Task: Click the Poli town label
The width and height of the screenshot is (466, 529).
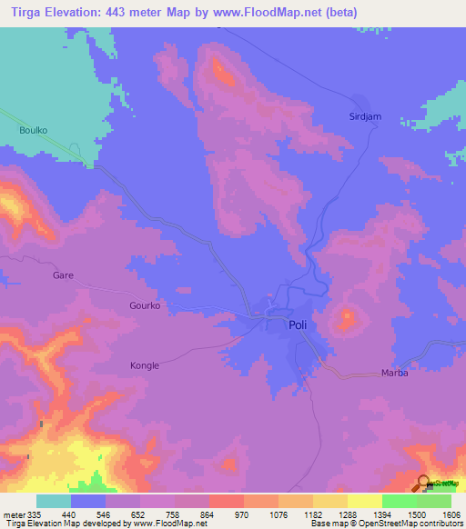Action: (298, 324)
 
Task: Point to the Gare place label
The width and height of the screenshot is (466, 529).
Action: (63, 274)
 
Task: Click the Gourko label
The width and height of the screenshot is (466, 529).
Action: (144, 306)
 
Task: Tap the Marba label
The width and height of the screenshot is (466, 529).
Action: (394, 374)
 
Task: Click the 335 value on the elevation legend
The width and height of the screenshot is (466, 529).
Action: (35, 514)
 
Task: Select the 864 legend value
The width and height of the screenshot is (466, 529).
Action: (191, 514)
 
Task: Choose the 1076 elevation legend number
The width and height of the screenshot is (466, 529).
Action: (260, 514)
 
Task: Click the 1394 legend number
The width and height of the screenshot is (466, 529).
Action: (364, 514)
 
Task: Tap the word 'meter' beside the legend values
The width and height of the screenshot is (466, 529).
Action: (13, 514)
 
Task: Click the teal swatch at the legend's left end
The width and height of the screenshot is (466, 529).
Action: (53, 501)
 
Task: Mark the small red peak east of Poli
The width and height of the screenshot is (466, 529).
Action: (347, 318)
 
